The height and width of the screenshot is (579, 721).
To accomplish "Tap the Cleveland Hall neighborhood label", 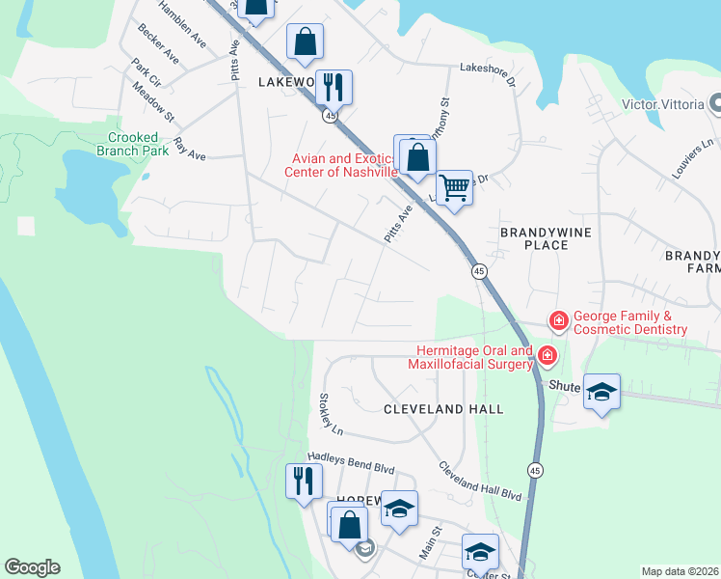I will click(x=443, y=409).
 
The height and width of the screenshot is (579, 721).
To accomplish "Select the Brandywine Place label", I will click(x=546, y=239).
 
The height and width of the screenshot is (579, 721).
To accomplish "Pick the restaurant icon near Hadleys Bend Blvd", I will click(x=305, y=480).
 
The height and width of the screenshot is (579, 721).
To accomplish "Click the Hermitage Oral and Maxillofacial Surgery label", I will click(x=474, y=357).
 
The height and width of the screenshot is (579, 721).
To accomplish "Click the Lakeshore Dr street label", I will click(x=488, y=72).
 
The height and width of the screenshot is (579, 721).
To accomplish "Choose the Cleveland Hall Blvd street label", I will click(x=479, y=480).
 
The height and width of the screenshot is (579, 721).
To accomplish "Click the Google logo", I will click(x=32, y=567).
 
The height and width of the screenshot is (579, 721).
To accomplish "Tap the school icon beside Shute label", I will click(x=601, y=391).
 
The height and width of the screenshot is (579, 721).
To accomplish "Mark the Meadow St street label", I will click(x=153, y=103).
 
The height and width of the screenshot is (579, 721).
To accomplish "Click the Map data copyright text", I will click(x=681, y=571).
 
